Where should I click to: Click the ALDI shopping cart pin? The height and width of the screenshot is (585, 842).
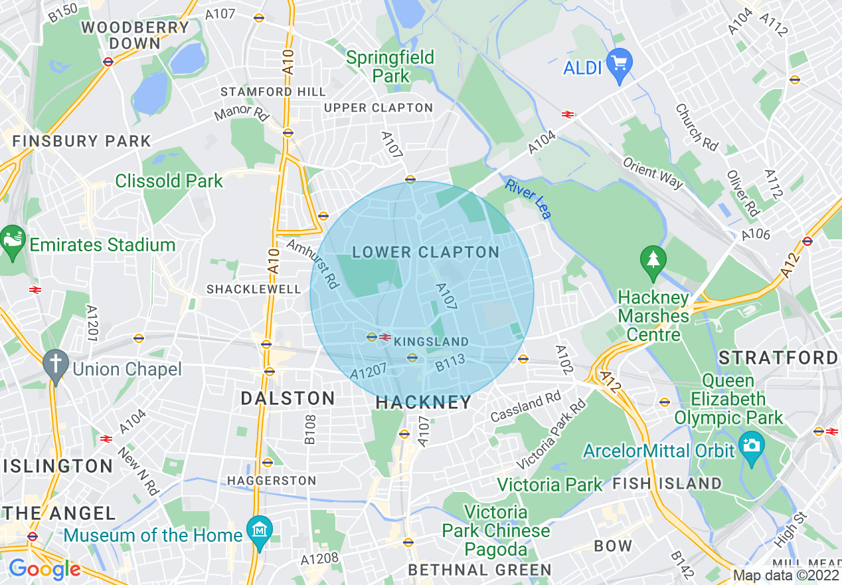(620, 64)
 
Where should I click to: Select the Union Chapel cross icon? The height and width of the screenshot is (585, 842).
(56, 365)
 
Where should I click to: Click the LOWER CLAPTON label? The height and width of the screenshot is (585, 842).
(426, 253)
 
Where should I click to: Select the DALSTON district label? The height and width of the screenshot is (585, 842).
(288, 398)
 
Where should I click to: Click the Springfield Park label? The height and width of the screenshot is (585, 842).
(390, 66)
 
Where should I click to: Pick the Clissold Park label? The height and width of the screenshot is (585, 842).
(169, 181)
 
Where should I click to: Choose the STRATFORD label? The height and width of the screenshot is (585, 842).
(778, 358)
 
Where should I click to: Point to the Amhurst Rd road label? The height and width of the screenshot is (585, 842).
(313, 264)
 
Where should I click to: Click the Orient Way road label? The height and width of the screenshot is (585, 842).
(653, 174)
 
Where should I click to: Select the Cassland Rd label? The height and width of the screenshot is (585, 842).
(525, 407)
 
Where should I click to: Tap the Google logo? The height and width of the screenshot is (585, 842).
(44, 569)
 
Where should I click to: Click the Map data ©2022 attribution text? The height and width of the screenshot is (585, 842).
(786, 575)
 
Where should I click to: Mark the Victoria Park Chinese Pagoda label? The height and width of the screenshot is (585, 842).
(496, 530)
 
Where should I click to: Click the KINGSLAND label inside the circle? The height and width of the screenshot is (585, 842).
(431, 342)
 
